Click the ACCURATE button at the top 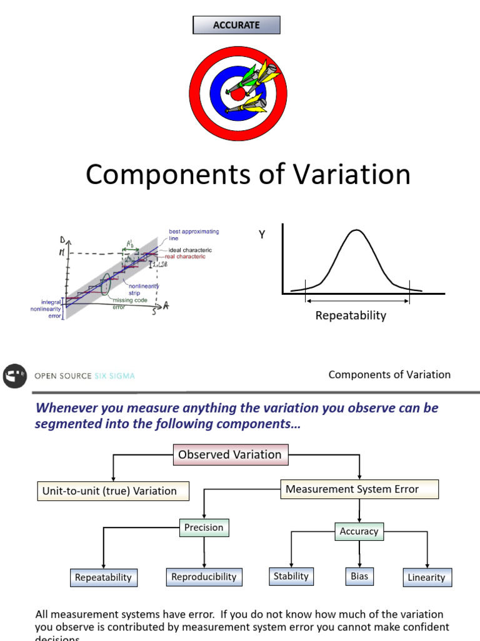click(236, 25)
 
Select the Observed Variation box click(230, 455)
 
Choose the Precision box click(204, 528)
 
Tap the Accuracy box click(359, 531)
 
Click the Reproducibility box click(204, 577)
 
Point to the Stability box click(291, 576)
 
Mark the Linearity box click(426, 578)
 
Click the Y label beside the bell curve click(262, 235)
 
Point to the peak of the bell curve click(356, 230)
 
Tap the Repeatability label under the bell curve click(351, 315)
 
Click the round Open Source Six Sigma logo click(14, 376)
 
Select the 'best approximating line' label click(194, 235)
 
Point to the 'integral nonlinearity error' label click(46, 309)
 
